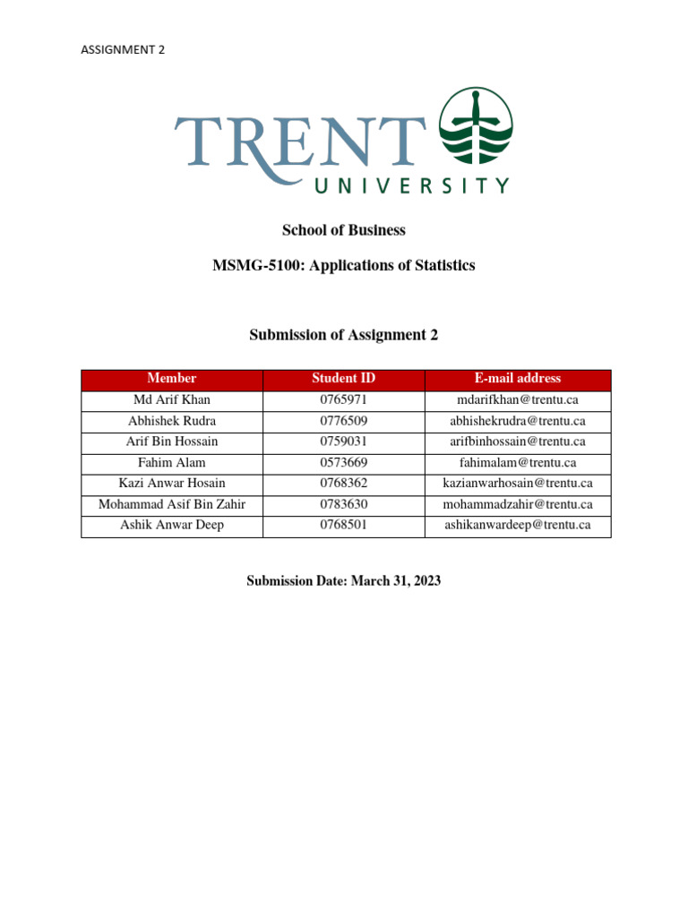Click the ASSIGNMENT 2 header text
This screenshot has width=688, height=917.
tap(123, 50)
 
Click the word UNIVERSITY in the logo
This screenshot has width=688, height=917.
tap(411, 186)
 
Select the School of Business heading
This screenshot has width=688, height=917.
tap(344, 230)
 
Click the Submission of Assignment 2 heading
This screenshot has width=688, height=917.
tap(344, 335)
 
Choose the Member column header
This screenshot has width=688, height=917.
tap(171, 379)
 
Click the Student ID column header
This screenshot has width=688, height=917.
tap(343, 379)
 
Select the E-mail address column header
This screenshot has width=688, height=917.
tap(518, 379)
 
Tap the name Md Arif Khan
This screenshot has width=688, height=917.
tap(171, 399)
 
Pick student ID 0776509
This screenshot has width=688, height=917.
tap(343, 421)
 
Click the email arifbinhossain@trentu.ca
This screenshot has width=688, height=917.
tap(518, 441)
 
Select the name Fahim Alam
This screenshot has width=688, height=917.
tap(171, 463)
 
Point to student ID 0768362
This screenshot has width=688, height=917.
tap(343, 484)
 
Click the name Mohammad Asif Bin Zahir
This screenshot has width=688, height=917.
tap(171, 505)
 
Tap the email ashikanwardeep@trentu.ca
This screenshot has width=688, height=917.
tap(518, 526)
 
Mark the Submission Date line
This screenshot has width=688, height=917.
tap(344, 581)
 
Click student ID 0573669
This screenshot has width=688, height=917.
tap(343, 463)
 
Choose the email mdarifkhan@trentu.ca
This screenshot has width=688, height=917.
tap(518, 399)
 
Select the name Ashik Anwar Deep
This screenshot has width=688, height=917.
tap(171, 526)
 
